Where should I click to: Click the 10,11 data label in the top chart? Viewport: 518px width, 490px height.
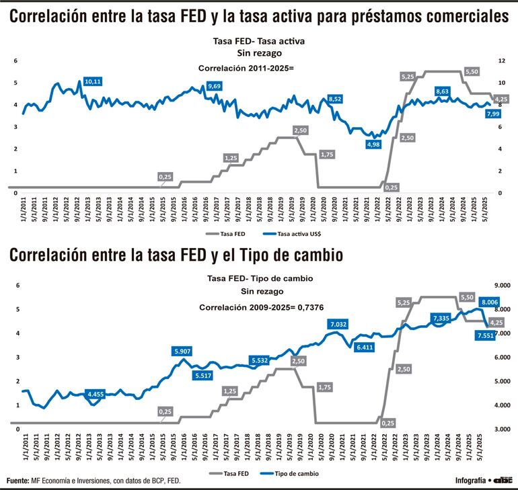click(x=93, y=81)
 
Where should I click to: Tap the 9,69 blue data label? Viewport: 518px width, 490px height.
click(x=215, y=86)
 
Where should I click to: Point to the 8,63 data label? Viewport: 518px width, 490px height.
click(x=443, y=91)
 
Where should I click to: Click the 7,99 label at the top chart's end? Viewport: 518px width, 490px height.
click(x=492, y=114)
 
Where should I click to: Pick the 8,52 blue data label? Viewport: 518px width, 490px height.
click(x=335, y=99)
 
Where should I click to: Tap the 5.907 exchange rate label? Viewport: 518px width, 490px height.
click(x=182, y=351)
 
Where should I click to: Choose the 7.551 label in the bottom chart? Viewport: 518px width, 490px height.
click(x=484, y=335)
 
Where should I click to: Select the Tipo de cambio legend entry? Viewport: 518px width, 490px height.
click(x=292, y=474)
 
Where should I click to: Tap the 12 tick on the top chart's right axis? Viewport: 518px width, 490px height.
click(x=501, y=60)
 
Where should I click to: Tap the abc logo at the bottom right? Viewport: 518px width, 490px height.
click(x=503, y=480)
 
